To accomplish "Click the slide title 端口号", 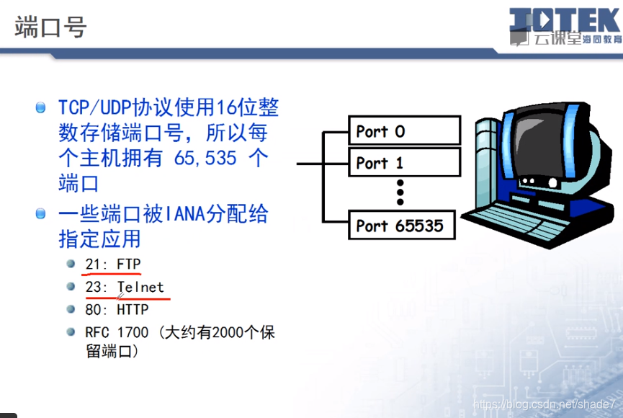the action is pyautogui.click(x=50, y=27).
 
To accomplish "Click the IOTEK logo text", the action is pyautogui.click(x=565, y=19).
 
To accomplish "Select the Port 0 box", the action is pyautogui.click(x=405, y=130).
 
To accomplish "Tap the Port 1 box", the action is pyautogui.click(x=405, y=162).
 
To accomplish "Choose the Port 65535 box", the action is pyautogui.click(x=402, y=225).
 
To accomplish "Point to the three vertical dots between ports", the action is pyautogui.click(x=400, y=192).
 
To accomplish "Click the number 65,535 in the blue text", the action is pyautogui.click(x=205, y=159).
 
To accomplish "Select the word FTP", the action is pyautogui.click(x=129, y=264).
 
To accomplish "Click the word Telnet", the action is pyautogui.click(x=140, y=287).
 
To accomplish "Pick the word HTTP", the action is pyautogui.click(x=133, y=309).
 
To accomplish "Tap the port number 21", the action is pyautogui.click(x=92, y=264).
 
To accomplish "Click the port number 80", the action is pyautogui.click(x=92, y=309).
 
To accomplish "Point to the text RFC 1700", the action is pyautogui.click(x=117, y=332).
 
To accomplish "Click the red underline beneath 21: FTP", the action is pyautogui.click(x=111, y=274).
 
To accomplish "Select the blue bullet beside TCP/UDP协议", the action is pyautogui.click(x=40, y=107).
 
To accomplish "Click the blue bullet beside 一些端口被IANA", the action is pyautogui.click(x=40, y=213).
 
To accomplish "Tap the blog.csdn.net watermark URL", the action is pyautogui.click(x=544, y=404).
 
